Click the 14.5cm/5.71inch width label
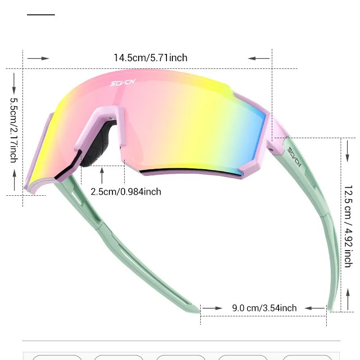coord(150,58)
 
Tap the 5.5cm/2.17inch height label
coord(13,130)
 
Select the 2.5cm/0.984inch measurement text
coord(126,192)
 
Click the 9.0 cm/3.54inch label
coord(264,308)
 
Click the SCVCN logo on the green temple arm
coord(294,157)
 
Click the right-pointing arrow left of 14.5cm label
coord(38,58)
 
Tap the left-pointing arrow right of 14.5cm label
coord(258,58)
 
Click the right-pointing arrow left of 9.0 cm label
coord(212,308)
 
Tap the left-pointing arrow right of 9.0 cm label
coord(315,308)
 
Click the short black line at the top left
coord(40,15)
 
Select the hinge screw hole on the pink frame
coord(270,147)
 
